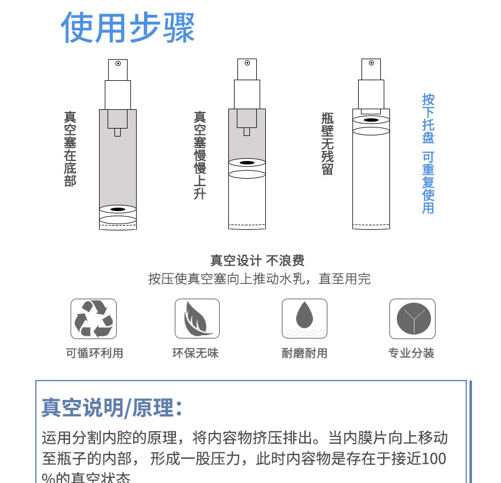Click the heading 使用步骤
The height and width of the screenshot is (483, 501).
(128, 27)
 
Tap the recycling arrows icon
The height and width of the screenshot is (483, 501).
(93, 319)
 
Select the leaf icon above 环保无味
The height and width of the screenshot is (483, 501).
(197, 319)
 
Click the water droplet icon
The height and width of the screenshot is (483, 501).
(305, 319)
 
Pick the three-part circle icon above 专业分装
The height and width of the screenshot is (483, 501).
(412, 319)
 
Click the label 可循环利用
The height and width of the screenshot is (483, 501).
(94, 353)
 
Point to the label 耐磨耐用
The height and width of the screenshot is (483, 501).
(305, 353)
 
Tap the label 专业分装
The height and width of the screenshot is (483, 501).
(411, 353)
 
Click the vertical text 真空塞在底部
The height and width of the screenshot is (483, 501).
(70, 149)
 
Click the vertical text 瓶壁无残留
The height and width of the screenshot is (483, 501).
(327, 143)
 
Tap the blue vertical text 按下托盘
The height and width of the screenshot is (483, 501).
(428, 118)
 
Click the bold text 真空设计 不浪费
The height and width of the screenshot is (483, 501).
(257, 261)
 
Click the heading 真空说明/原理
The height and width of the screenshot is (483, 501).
(112, 407)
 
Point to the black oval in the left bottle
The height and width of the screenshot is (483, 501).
(118, 209)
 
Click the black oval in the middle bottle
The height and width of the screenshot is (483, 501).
(247, 163)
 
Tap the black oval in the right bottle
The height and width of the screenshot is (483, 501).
(371, 121)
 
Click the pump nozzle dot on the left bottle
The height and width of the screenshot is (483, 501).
(118, 63)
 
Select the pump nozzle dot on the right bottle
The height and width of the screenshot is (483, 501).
(371, 63)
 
